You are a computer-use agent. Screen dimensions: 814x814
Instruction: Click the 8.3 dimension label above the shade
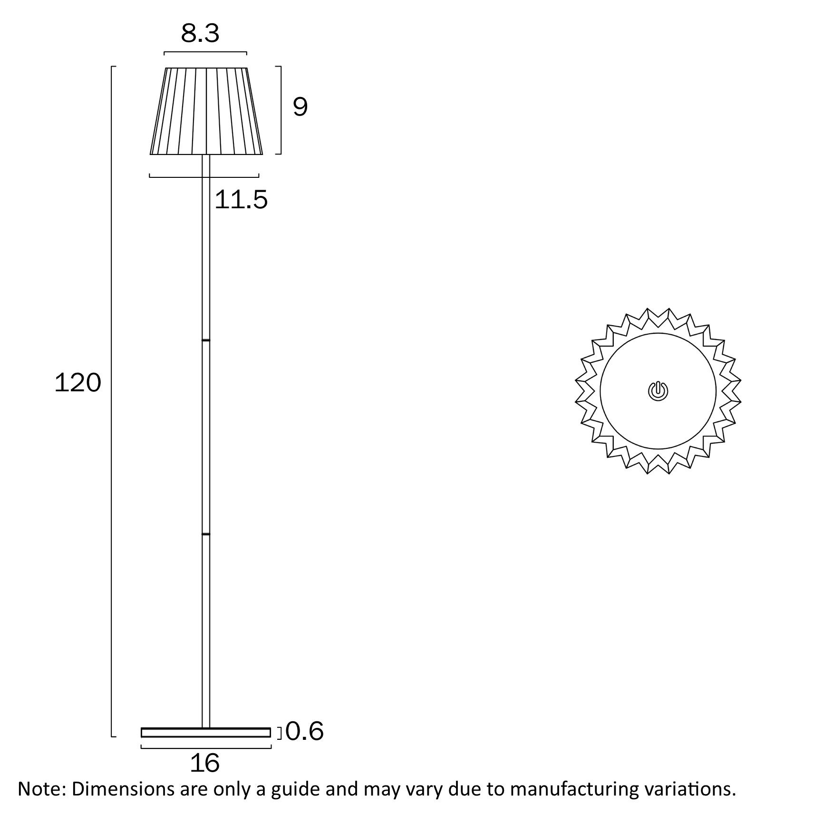click(200, 33)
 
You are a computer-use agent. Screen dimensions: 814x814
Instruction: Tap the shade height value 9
click(300, 107)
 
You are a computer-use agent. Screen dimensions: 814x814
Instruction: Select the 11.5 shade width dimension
click(241, 199)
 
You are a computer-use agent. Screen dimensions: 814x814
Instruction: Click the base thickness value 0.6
click(305, 731)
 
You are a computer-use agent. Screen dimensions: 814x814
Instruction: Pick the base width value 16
click(205, 763)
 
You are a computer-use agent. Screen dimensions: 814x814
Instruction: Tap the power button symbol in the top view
click(658, 391)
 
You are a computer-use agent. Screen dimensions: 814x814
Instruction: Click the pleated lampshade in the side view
click(206, 111)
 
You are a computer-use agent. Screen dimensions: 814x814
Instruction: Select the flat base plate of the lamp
click(206, 732)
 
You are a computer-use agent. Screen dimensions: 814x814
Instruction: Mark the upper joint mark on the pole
click(206, 340)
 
